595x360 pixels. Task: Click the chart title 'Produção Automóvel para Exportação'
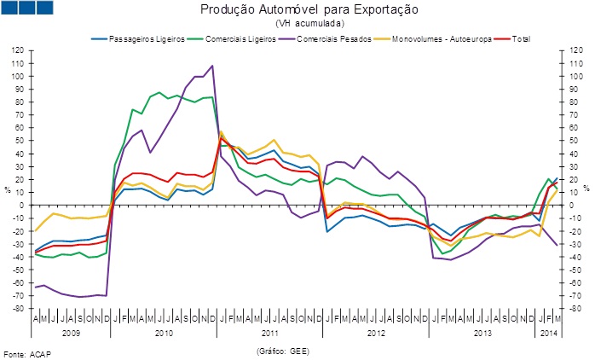tap(297, 10)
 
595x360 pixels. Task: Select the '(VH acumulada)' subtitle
tap(297, 24)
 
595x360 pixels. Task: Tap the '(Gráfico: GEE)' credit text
tap(281, 350)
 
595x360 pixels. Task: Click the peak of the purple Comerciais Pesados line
tap(212, 66)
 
